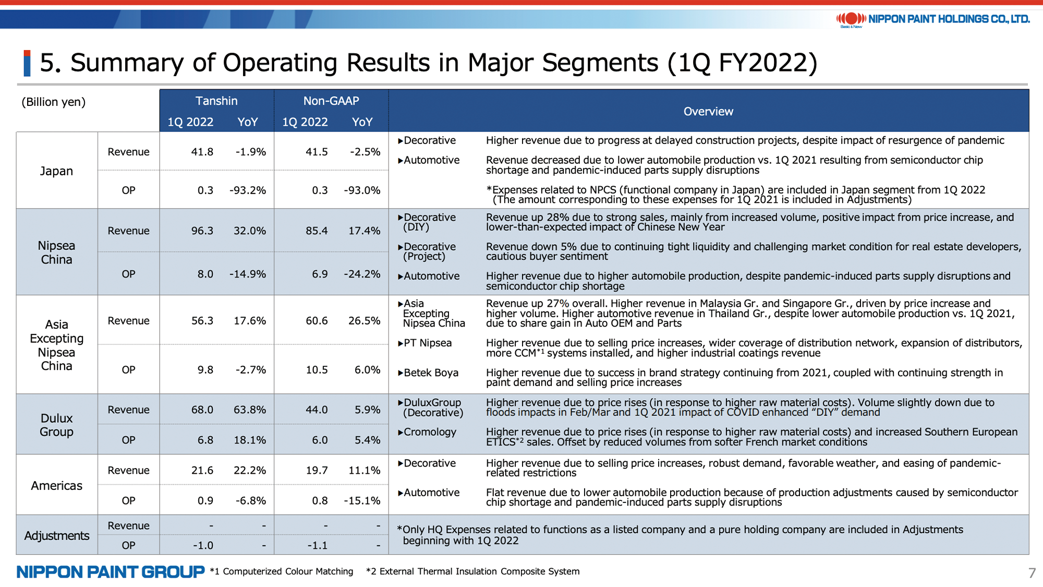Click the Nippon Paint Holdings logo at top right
(x=933, y=19)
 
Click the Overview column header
(x=708, y=111)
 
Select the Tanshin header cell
(x=216, y=101)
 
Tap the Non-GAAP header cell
(x=331, y=101)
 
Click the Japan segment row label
(x=56, y=171)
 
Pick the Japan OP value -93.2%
(x=248, y=190)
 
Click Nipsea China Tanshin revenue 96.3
(x=202, y=231)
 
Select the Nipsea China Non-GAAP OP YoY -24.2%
(x=362, y=274)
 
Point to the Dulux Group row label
(x=56, y=425)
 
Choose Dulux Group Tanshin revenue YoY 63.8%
(x=250, y=410)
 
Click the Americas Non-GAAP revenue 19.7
(x=317, y=470)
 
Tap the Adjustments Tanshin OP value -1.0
(x=203, y=545)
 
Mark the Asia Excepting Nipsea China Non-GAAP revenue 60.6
(x=317, y=320)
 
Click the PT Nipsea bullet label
(x=425, y=343)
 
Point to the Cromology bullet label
(x=427, y=432)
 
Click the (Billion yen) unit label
(x=53, y=102)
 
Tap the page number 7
(x=1032, y=573)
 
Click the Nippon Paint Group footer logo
(x=111, y=572)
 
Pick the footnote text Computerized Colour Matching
(x=288, y=571)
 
